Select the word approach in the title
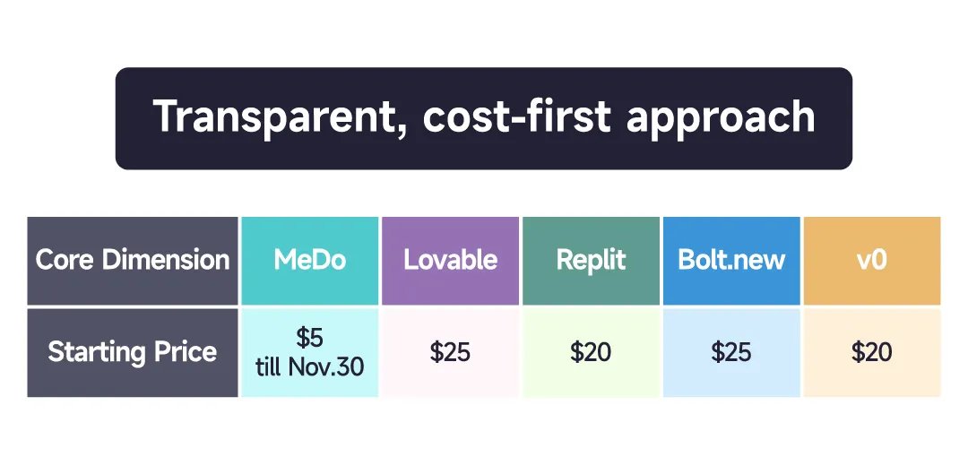click(721, 118)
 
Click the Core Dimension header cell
click(133, 260)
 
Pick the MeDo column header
click(310, 260)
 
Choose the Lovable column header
click(450, 260)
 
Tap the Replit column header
click(591, 260)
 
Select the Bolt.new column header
click(731, 260)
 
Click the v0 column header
click(871, 260)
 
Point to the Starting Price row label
click(133, 351)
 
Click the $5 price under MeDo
click(310, 338)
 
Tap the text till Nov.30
click(310, 365)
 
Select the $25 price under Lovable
click(450, 352)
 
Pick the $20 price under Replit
click(591, 352)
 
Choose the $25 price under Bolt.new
click(731, 352)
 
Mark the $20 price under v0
click(871, 352)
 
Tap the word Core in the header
click(65, 260)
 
